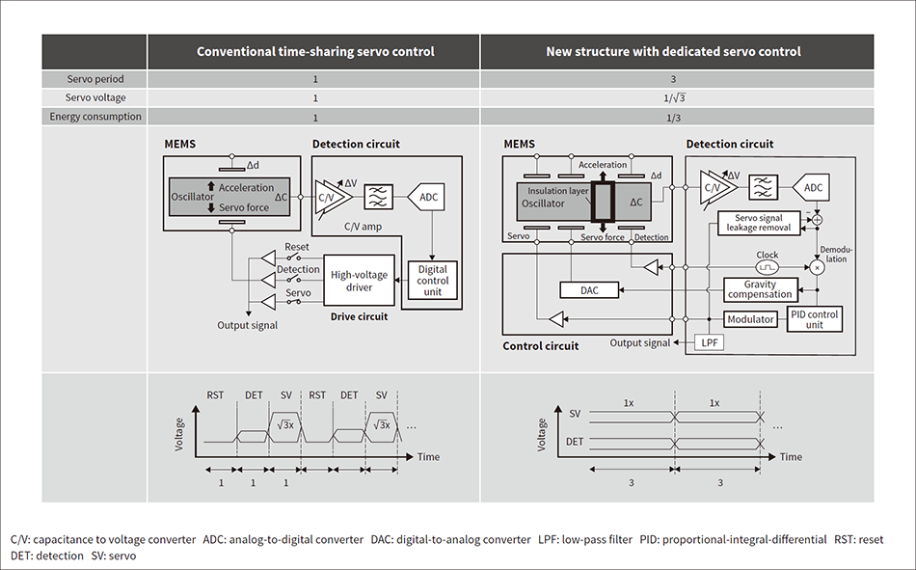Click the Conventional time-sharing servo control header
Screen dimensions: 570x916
(x=314, y=51)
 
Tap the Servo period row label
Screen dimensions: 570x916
(x=94, y=78)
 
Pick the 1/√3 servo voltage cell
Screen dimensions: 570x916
(x=674, y=97)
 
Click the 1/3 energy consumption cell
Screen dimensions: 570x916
(x=674, y=117)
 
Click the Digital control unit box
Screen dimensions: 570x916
(x=433, y=280)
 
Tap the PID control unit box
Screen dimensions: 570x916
(x=814, y=318)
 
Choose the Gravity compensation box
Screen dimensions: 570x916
(x=761, y=289)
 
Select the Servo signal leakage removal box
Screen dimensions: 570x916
(x=762, y=223)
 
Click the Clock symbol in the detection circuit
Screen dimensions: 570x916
(x=768, y=262)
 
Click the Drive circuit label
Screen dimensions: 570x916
(x=357, y=316)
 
